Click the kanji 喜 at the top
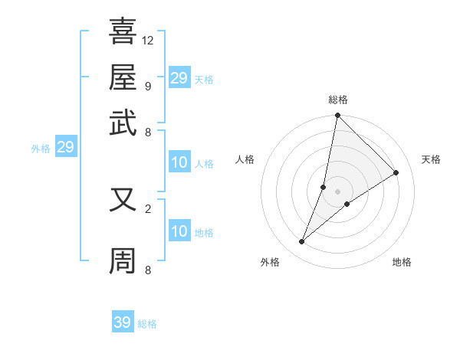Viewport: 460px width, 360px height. tap(123, 32)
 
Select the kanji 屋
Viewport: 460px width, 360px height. tap(123, 77)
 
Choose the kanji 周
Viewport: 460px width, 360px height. tap(123, 261)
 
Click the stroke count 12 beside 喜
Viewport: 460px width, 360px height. tap(148, 40)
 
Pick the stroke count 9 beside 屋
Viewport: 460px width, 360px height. tap(147, 86)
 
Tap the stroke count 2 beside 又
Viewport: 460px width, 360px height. tap(147, 208)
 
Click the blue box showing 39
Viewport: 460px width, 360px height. tap(123, 322)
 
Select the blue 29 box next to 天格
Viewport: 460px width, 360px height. tap(179, 77)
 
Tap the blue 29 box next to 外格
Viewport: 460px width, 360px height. tap(65, 147)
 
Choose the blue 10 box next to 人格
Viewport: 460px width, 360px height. tap(179, 162)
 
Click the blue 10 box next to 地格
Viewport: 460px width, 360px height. tap(179, 232)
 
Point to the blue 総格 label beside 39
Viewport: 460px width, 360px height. tap(147, 324)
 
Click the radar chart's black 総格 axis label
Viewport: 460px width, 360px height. tap(337, 100)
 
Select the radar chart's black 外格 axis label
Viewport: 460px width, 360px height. tap(269, 262)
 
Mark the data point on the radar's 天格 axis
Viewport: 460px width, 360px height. tap(396, 172)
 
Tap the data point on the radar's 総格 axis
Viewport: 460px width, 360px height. tap(337, 116)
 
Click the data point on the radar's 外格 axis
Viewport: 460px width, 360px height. tap(301, 242)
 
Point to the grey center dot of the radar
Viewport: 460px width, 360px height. tap(337, 191)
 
